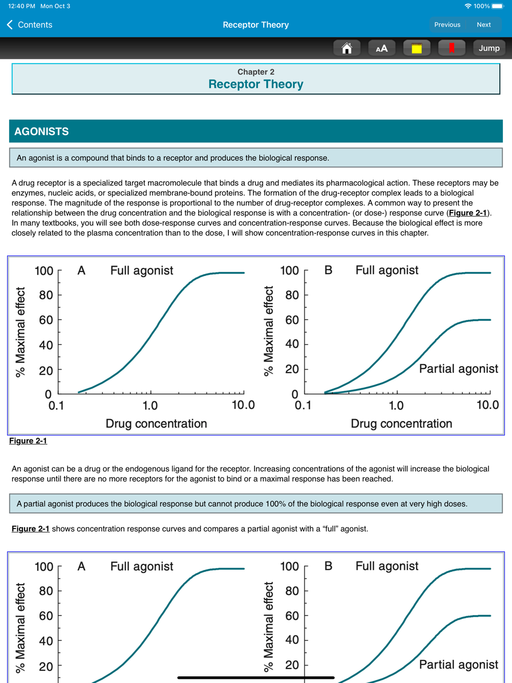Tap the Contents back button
coord(30,25)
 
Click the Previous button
coord(447,25)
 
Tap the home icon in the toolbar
coord(347,48)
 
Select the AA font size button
coord(381,48)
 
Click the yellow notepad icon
coord(417,48)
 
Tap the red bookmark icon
coord(452,48)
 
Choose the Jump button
coord(489,48)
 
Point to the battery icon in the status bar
coord(498,6)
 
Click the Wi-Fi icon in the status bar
coord(468,6)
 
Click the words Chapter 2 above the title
coord(255,72)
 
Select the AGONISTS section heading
coord(41,131)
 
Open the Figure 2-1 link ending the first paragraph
coord(468,213)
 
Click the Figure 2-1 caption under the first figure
coord(28,441)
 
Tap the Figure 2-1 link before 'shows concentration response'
coord(31,529)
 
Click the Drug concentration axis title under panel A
coord(156,423)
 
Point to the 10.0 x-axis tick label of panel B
coord(487,405)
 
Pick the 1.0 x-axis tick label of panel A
coord(150,405)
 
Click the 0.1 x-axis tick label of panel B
coord(303,405)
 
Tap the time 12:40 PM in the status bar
coord(22,6)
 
